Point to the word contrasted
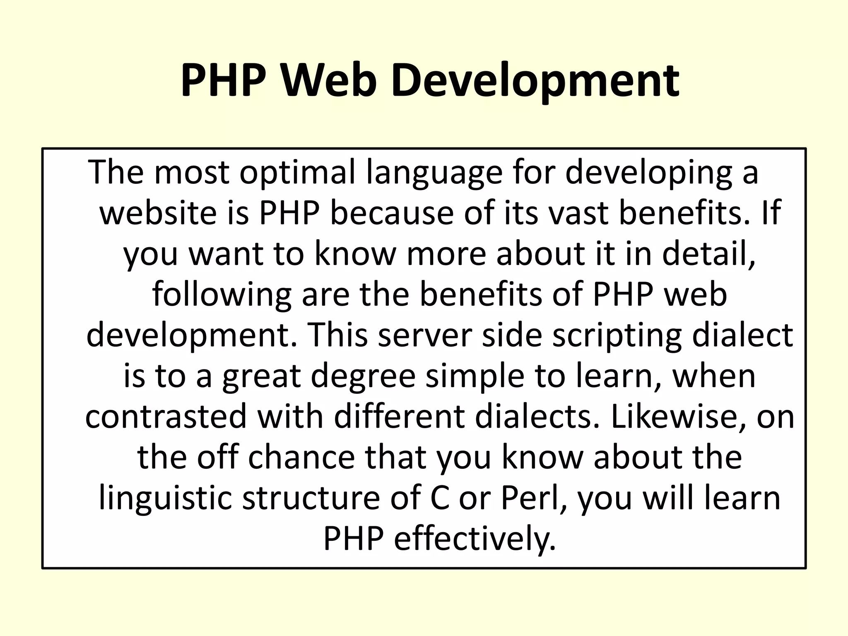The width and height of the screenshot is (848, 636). [x=166, y=416]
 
